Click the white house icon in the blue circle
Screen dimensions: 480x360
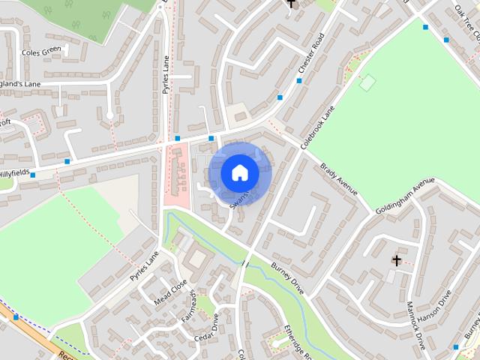(x=239, y=172)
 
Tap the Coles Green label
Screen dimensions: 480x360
(x=41, y=52)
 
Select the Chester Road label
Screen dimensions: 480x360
(x=310, y=54)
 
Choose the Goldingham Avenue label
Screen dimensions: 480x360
(x=405, y=197)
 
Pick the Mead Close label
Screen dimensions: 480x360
(x=170, y=292)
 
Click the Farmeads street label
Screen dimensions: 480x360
(x=188, y=306)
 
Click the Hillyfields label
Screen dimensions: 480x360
(x=15, y=172)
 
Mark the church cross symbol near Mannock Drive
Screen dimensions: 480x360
(x=397, y=260)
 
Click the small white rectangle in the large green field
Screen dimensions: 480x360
(x=367, y=82)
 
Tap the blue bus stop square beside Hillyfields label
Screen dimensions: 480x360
(x=33, y=175)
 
